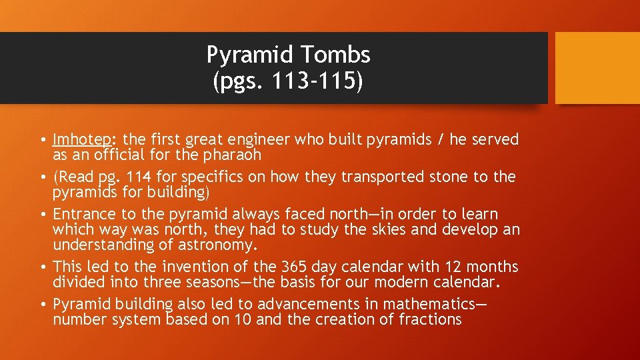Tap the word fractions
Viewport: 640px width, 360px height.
(x=430, y=319)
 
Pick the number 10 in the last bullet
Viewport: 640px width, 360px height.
(x=242, y=319)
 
